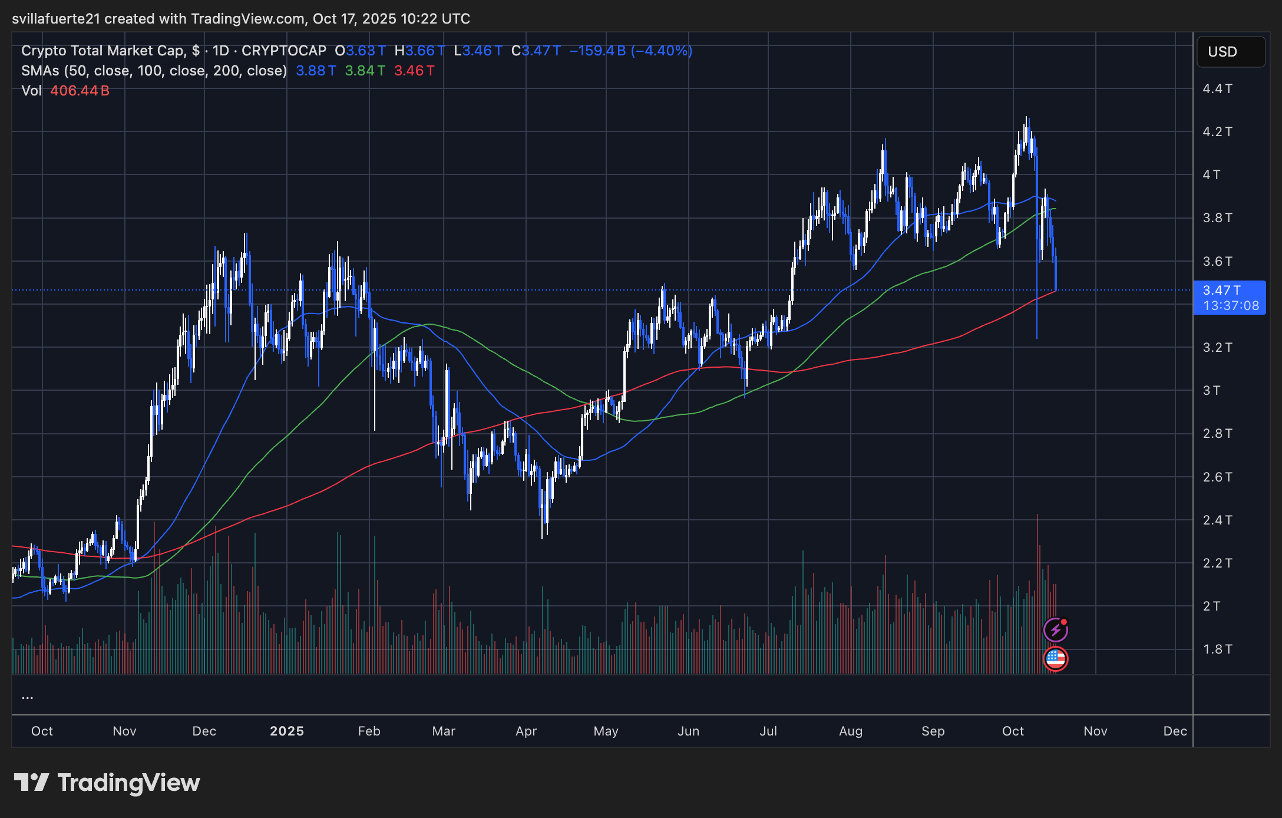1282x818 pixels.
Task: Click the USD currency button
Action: point(1230,52)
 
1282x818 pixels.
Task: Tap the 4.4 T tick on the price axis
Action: point(1217,89)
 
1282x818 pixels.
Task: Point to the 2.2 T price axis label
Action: point(1217,563)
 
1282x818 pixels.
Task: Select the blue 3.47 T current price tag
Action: point(1229,297)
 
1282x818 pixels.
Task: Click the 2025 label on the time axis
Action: point(286,731)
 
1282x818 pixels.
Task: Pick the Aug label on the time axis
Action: point(850,731)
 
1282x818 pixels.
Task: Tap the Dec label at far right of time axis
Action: point(1175,731)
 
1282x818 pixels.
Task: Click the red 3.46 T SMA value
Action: point(414,71)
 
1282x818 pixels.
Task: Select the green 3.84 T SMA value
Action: point(365,71)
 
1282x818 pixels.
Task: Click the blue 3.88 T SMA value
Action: point(316,71)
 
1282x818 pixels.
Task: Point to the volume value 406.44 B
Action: point(80,91)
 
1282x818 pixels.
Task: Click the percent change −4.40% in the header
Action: point(661,51)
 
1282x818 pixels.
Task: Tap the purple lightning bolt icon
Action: point(1055,630)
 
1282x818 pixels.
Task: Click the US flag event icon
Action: point(1055,658)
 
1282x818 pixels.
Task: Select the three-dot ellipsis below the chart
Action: point(27,698)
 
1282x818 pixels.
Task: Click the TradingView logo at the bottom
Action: point(107,783)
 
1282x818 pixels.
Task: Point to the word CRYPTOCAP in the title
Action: point(283,51)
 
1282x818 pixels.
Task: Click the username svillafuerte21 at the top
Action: point(56,19)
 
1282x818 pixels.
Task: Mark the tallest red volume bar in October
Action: point(1037,589)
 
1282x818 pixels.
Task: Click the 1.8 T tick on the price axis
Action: point(1217,649)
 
